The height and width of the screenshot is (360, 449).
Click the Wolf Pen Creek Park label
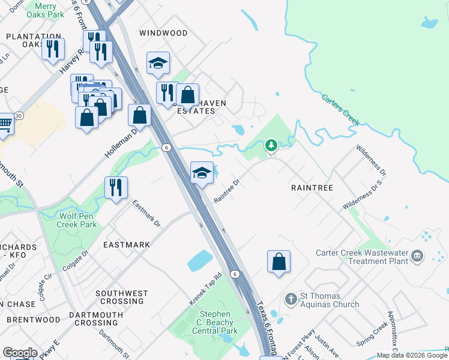pyautogui.click(x=77, y=220)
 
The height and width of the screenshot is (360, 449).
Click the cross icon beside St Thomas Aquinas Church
pyautogui.click(x=291, y=299)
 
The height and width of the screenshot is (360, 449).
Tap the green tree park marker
pyautogui.click(x=271, y=145)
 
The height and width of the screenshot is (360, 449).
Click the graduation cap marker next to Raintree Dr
pyautogui.click(x=202, y=173)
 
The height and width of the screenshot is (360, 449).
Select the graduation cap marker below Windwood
pyautogui.click(x=158, y=63)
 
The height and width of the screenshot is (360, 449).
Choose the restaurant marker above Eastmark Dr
pyautogui.click(x=116, y=187)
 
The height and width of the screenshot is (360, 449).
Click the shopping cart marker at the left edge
pyautogui.click(x=5, y=125)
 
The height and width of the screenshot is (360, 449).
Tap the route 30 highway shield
pyautogui.click(x=19, y=115)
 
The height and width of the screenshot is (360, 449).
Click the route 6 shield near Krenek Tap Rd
pyautogui.click(x=237, y=274)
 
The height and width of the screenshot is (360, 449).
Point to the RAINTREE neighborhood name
pyautogui.click(x=312, y=188)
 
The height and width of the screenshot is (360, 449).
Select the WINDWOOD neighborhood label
pyautogui.click(x=163, y=33)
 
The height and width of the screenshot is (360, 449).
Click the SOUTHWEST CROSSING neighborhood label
pyautogui.click(x=122, y=298)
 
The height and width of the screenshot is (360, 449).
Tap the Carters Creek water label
pyautogui.click(x=340, y=109)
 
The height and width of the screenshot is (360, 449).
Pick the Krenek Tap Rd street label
pyautogui.click(x=206, y=289)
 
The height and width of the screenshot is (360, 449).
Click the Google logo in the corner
pyautogui.click(x=20, y=352)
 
